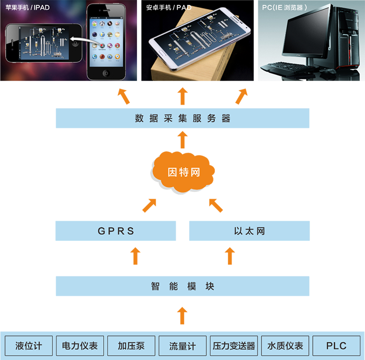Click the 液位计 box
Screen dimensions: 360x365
(x=29, y=346)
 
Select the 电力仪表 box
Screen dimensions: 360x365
(x=80, y=346)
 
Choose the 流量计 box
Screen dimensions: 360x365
(x=182, y=346)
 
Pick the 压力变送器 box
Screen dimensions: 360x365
(x=234, y=346)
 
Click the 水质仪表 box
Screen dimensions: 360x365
(x=285, y=346)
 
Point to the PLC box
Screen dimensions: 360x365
(x=336, y=346)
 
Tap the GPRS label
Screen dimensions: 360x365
(x=116, y=231)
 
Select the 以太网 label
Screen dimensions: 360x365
(x=249, y=231)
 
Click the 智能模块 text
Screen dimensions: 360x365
(x=183, y=287)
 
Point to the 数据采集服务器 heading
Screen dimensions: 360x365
(x=183, y=119)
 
